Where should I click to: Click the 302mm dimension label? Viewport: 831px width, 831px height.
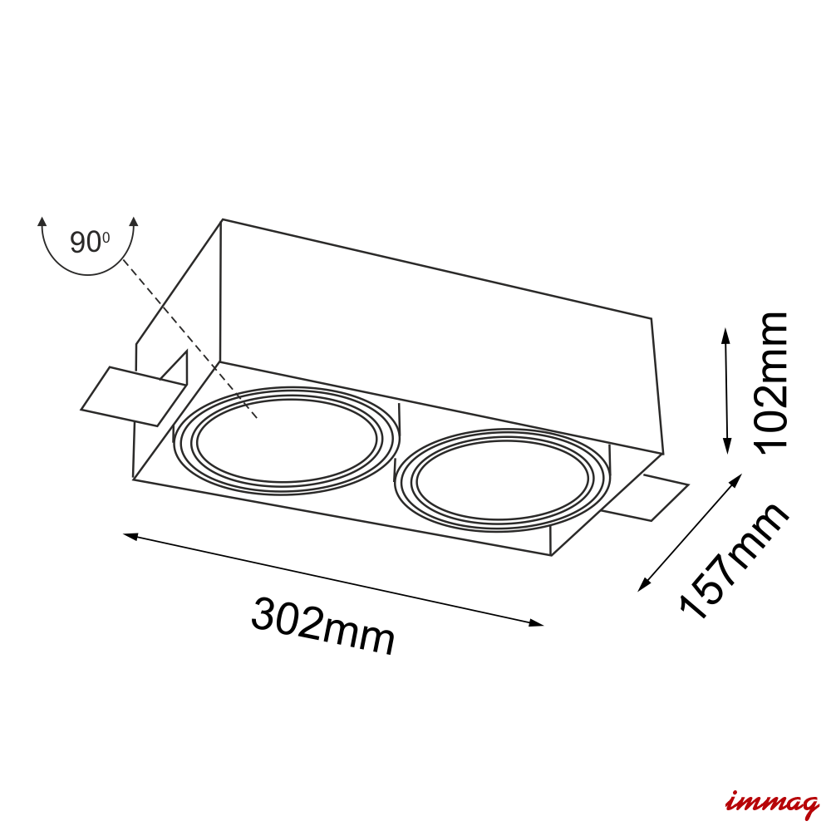[323, 627]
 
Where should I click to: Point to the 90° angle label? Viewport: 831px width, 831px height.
[90, 242]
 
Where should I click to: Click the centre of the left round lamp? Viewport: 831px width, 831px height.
[286, 440]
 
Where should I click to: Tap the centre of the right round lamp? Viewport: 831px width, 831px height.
[502, 480]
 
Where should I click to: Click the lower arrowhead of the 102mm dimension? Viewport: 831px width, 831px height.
[727, 449]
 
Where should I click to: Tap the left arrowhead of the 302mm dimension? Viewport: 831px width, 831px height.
[130, 536]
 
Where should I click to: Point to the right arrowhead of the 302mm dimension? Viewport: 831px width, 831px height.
[537, 623]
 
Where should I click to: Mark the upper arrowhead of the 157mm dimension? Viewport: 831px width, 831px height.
[736, 479]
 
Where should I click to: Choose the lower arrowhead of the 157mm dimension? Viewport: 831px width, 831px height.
[643, 585]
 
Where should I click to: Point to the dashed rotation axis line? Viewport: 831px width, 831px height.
[190, 339]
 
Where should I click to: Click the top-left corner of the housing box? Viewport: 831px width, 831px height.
[222, 219]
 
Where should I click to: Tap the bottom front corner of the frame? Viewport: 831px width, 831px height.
[551, 555]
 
